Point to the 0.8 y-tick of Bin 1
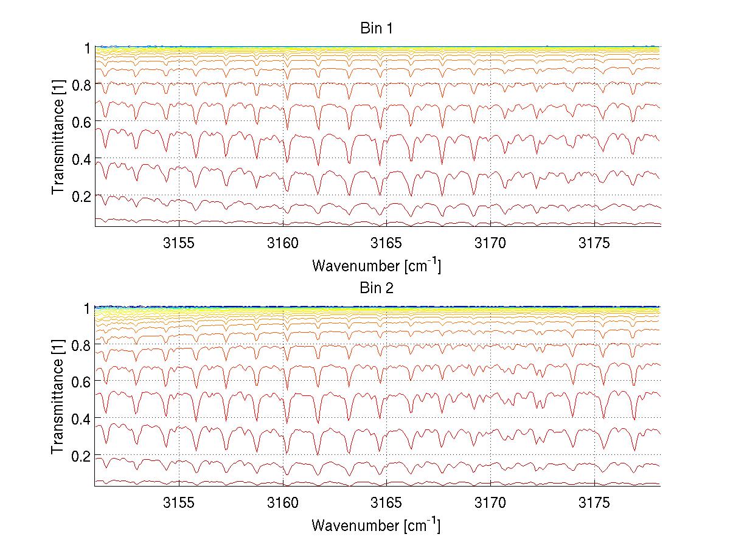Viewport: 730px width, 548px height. click(x=81, y=85)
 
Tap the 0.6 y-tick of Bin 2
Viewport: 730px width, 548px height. click(x=81, y=381)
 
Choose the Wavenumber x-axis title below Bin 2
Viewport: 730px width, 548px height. click(x=376, y=524)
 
